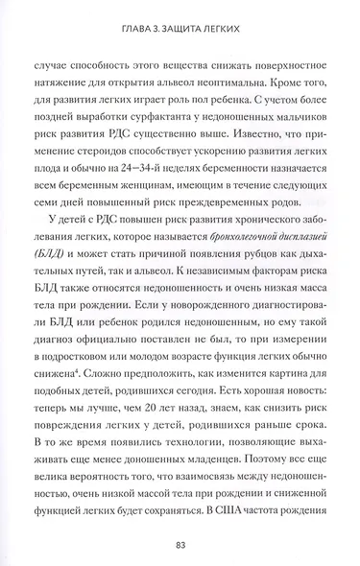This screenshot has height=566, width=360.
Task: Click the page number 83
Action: pos(180,544)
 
